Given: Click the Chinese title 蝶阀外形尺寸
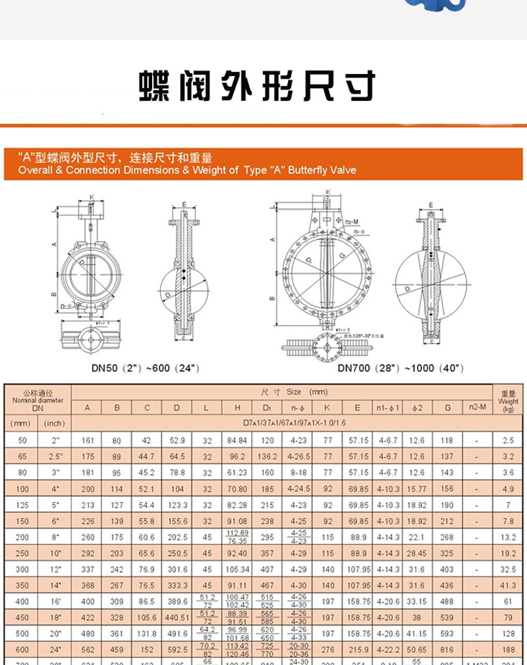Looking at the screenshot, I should tap(257, 86).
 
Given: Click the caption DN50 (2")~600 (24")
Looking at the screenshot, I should tap(145, 368).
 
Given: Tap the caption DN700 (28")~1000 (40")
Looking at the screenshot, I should tap(400, 368).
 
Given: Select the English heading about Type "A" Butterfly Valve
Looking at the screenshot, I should tap(187, 170).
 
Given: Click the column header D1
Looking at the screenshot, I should tap(268, 407).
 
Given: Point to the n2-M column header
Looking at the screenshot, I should tap(476, 407).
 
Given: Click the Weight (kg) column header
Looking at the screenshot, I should tap(508, 401).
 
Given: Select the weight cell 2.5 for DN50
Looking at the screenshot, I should tap(508, 441).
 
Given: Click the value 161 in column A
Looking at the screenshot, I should tap(87, 441).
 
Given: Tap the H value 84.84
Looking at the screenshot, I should tap(237, 441).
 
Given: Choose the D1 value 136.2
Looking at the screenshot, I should tap(268, 457).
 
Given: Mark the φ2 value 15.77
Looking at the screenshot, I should tap(416, 489).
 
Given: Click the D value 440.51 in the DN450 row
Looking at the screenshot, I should tap(177, 617).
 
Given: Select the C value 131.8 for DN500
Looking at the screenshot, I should tap(147, 633).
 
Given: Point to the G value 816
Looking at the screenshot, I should tap(447, 649).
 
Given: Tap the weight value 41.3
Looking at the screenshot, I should tap(508, 585).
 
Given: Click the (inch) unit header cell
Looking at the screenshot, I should tap(55, 423).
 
